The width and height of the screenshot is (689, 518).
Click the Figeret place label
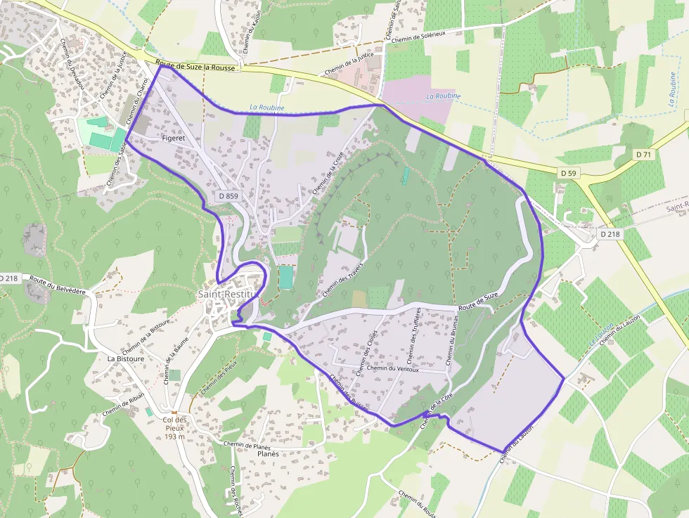click(173, 138)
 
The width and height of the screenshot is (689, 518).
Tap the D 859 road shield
click(228, 197)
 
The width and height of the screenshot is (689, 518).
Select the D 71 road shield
click(643, 154)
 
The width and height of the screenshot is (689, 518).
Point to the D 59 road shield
click(568, 172)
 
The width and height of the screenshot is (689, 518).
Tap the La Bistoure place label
click(126, 358)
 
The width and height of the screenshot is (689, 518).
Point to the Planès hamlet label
click(268, 454)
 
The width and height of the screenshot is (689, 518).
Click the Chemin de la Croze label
click(328, 172)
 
